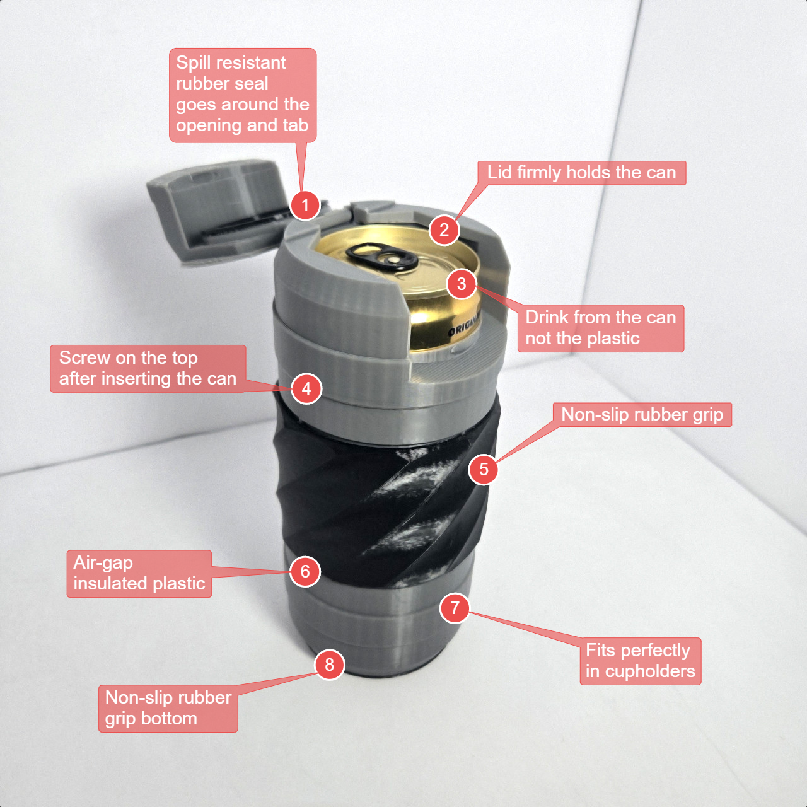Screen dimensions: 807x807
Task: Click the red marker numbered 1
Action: tap(305, 205)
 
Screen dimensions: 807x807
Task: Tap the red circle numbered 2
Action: tap(444, 229)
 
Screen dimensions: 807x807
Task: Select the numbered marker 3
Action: tap(462, 284)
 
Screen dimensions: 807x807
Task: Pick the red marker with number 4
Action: tap(306, 388)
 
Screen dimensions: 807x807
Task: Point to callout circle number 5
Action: tap(484, 469)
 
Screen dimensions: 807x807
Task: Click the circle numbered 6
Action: tap(305, 571)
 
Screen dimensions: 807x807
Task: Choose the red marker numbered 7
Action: tap(455, 608)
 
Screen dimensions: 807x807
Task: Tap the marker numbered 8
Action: tap(329, 665)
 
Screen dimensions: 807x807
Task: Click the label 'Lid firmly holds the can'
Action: tap(582, 173)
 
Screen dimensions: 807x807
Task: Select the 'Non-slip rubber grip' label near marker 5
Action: tap(642, 415)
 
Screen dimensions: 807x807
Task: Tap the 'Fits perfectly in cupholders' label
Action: tap(641, 661)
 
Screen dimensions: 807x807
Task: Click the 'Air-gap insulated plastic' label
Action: tap(139, 573)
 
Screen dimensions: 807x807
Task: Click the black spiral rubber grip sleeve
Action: tap(385, 498)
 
